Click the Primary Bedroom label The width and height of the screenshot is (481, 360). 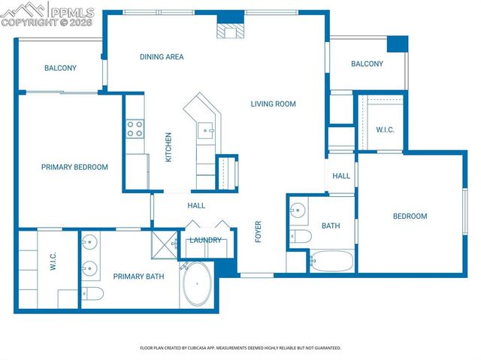(x=74, y=168)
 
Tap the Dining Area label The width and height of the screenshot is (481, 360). (x=162, y=57)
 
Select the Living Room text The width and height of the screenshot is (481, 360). (x=273, y=104)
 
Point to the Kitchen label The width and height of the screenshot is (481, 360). (x=169, y=147)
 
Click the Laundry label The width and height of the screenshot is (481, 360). (x=205, y=241)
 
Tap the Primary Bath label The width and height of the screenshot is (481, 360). (x=138, y=277)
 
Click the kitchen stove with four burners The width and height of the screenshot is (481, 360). (x=135, y=129)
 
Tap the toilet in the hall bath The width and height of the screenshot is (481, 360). (x=301, y=237)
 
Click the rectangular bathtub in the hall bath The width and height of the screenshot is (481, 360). (x=331, y=262)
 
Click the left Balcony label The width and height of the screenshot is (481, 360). (x=60, y=68)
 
